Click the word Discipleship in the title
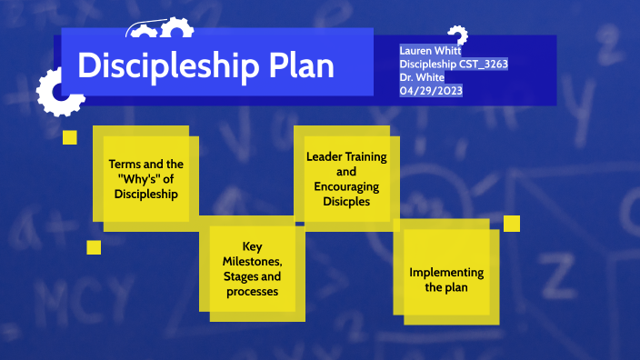point(168,65)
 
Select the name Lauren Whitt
point(430,51)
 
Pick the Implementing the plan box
point(446,278)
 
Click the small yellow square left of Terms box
point(69,137)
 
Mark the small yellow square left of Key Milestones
point(94,246)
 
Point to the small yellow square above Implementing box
point(511,223)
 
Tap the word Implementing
point(446,272)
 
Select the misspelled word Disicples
point(345,201)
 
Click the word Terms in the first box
point(125,164)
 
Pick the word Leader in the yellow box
point(323,156)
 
